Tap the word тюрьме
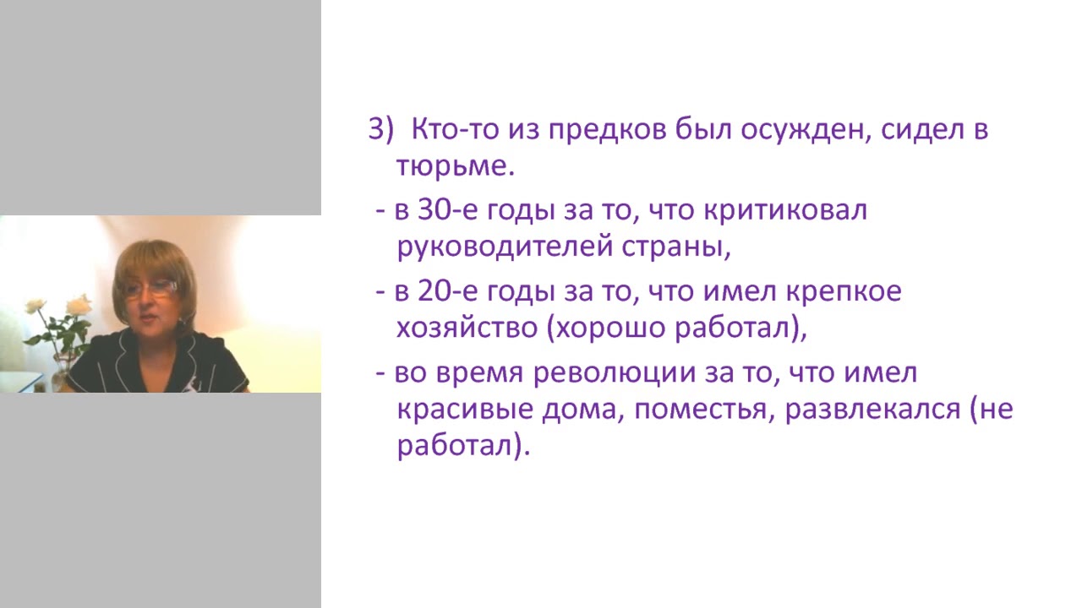click(454, 166)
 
